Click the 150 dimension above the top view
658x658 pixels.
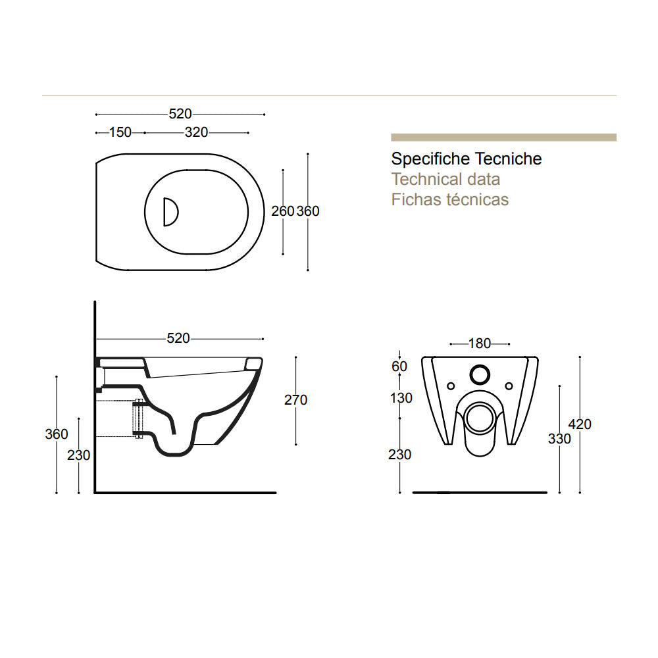(x=120, y=133)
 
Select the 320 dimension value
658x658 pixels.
(x=196, y=133)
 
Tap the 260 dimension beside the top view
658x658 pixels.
(x=283, y=211)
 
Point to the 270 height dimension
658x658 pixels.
(x=296, y=400)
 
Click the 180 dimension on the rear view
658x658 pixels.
(x=479, y=343)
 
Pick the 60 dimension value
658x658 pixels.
(x=399, y=367)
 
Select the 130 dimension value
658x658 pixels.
(x=401, y=398)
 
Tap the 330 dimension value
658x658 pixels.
(x=559, y=439)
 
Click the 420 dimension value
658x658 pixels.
(x=580, y=424)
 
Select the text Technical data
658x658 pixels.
(x=445, y=179)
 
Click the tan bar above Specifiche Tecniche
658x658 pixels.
(x=503, y=138)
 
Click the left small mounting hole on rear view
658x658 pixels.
(x=451, y=385)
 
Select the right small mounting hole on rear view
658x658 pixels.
(x=509, y=385)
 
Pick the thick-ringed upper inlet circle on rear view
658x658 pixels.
(x=480, y=374)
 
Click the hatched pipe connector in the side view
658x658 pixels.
(x=138, y=418)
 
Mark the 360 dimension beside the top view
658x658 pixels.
(x=308, y=211)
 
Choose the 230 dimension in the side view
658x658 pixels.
(x=79, y=455)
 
